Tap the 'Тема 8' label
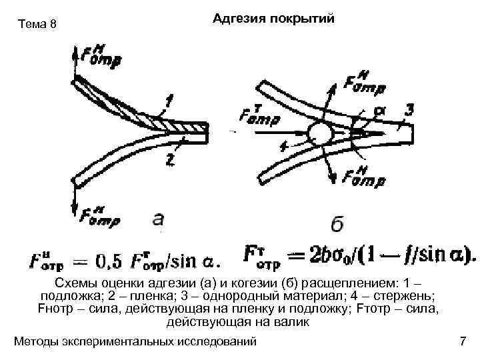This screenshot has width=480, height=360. click(38, 25)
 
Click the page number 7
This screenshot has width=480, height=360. click(463, 342)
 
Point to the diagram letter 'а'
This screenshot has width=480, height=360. click(159, 218)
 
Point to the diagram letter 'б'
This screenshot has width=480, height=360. click(338, 225)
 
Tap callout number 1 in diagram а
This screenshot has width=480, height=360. click(171, 101)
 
